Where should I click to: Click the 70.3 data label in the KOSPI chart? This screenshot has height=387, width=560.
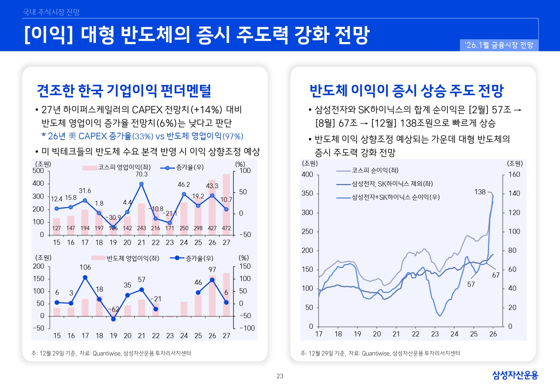click(141, 174)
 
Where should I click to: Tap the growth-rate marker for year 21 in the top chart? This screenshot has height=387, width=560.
click(141, 184)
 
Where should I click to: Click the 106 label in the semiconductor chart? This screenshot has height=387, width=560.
click(85, 267)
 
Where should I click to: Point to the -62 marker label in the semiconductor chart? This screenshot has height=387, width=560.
click(114, 309)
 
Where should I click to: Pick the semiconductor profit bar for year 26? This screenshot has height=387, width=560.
click(212, 296)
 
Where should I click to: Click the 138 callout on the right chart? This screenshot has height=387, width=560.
click(480, 192)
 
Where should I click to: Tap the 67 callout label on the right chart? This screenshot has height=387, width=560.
click(496, 275)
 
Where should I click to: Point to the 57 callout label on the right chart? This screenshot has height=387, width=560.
click(471, 284)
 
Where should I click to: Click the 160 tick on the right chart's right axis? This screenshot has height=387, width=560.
click(514, 174)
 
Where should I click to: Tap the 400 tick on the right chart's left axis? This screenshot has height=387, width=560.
click(307, 174)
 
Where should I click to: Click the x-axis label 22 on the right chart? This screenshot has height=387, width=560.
click(416, 334)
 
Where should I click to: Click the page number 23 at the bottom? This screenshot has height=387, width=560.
click(280, 376)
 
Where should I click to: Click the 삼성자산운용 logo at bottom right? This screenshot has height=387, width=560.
click(515, 375)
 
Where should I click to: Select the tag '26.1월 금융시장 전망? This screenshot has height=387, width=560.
click(499, 45)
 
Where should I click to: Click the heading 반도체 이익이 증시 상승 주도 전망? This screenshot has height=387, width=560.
click(406, 90)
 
